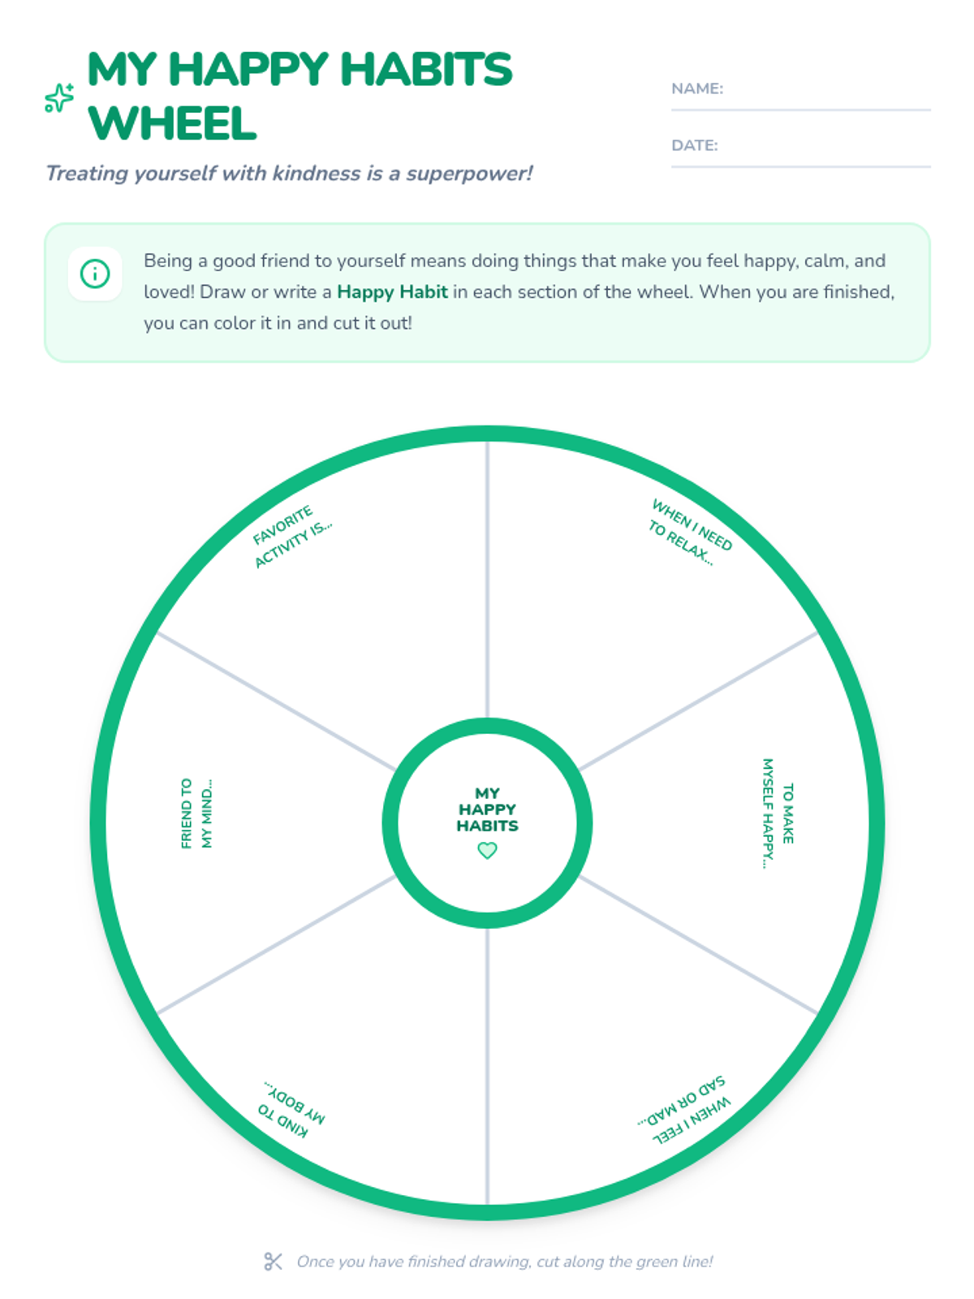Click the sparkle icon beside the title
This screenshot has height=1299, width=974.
click(59, 98)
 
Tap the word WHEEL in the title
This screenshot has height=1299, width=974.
click(172, 123)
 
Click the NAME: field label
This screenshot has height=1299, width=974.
click(696, 88)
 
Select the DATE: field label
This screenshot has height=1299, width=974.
click(694, 145)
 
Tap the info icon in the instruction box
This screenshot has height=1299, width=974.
click(95, 274)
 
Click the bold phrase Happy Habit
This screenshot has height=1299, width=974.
click(392, 291)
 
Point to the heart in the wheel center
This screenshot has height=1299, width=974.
click(487, 850)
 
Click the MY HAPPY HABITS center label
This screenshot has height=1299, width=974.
click(487, 809)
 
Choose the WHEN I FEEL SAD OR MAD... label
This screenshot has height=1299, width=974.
click(684, 1110)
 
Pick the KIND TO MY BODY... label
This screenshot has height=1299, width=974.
click(291, 1109)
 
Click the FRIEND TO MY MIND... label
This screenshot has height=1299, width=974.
click(196, 813)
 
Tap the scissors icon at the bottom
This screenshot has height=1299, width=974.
click(273, 1261)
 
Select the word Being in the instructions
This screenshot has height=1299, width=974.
click(168, 261)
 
